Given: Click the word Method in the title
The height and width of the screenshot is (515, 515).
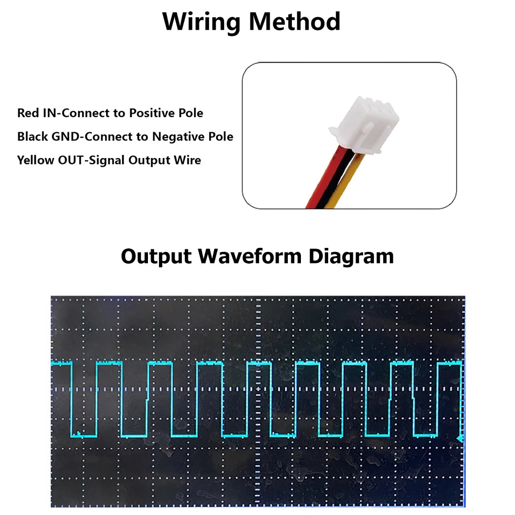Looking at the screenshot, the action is point(295,21).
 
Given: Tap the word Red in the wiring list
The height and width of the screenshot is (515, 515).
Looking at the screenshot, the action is point(28,113).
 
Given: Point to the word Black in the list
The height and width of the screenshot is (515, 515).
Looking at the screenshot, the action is point(32,137).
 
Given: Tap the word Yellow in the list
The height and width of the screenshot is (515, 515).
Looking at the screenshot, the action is point(35,160).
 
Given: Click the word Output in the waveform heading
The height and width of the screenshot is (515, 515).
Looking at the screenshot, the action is point(156,256).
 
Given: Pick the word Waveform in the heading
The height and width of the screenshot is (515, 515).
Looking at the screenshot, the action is point(249,256).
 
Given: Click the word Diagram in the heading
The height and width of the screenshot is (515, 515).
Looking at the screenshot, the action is point(351,257).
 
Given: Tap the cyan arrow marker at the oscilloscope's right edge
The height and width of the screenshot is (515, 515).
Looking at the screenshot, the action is point(460,438).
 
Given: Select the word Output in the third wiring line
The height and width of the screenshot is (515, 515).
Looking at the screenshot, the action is point(149,161).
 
